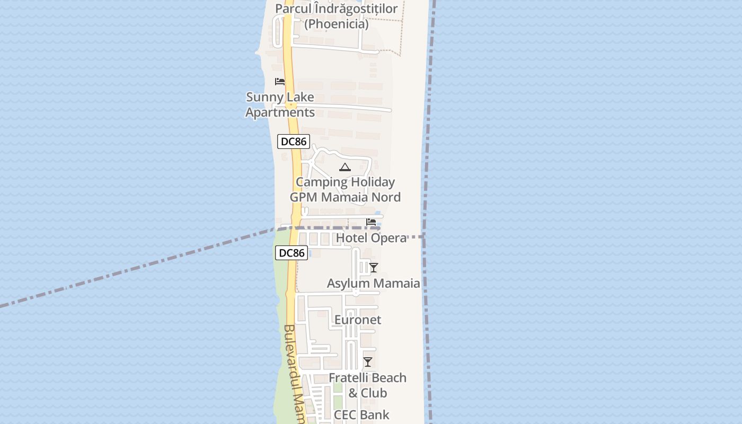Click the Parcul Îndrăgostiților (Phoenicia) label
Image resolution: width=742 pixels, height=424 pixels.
[337, 16]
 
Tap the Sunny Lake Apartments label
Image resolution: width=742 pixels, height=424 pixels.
[280, 105]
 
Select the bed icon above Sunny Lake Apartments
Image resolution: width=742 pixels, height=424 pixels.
[280, 82]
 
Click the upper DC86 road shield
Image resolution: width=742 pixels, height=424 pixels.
[293, 142]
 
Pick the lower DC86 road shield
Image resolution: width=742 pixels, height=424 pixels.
[291, 253]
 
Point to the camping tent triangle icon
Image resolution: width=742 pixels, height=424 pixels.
[345, 167]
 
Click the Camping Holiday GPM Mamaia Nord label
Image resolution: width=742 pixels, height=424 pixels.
[345, 190]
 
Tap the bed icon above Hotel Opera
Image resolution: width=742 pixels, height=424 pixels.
[371, 222]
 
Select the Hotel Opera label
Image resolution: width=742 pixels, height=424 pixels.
[371, 238]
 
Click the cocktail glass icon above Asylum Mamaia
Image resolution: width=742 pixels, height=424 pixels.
[374, 268]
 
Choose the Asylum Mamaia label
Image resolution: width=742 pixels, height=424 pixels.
[373, 283]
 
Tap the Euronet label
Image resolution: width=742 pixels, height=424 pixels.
[358, 320]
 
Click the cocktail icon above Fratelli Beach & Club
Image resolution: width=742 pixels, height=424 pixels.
[368, 362]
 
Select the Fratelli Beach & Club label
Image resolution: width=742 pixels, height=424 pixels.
[368, 385]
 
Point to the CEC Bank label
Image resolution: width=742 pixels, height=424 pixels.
[361, 414]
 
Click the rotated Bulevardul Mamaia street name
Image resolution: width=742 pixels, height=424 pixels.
[293, 371]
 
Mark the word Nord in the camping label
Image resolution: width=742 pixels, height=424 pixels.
[386, 197]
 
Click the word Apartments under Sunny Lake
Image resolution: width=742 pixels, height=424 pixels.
[280, 112]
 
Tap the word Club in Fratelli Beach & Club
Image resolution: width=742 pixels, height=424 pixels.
[374, 393]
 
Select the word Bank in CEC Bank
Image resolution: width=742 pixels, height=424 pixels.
[375, 414]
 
